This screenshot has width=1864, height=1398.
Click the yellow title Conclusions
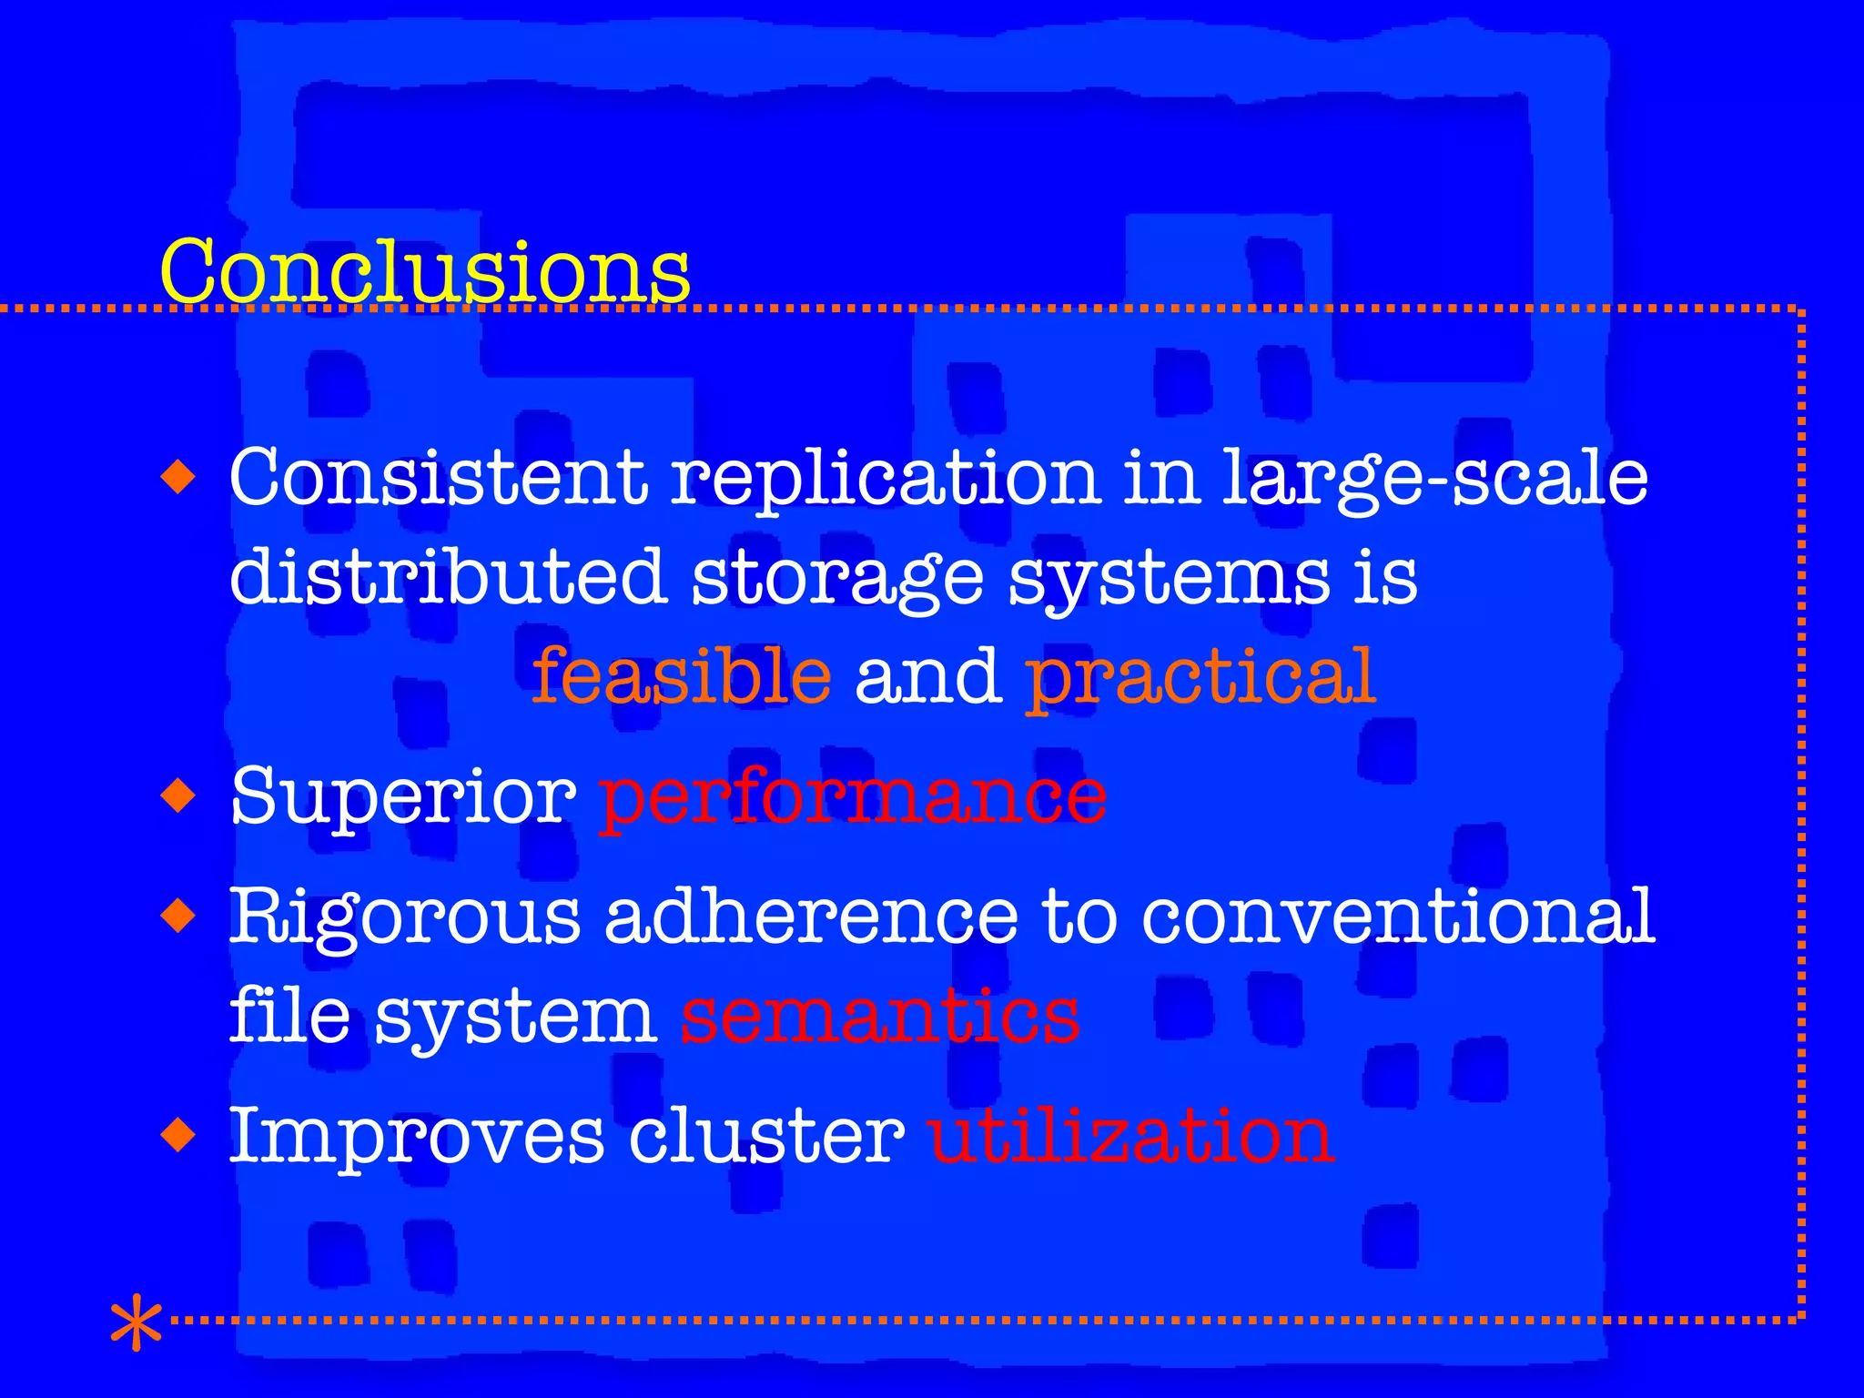424,271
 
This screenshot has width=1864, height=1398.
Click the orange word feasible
681,675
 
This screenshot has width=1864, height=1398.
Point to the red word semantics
880,1016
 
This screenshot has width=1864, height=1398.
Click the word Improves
416,1138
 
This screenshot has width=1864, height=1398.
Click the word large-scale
1433,481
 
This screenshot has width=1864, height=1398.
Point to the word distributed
447,577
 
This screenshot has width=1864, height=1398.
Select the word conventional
1397,916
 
